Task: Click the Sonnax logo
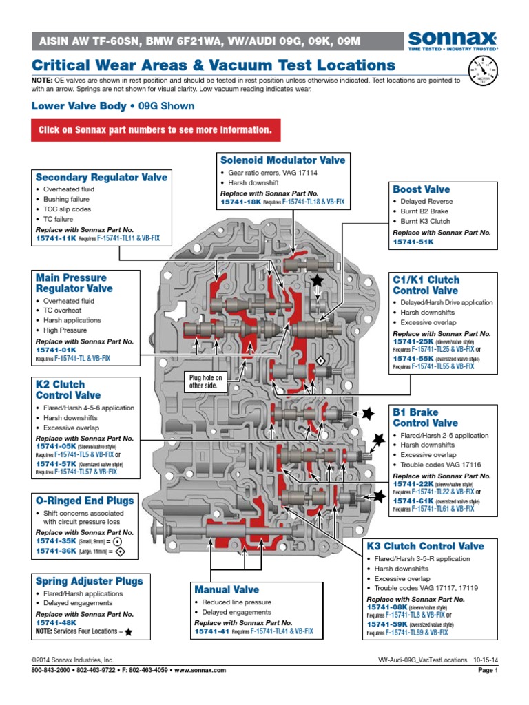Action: click(453, 41)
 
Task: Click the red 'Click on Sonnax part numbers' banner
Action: click(154, 129)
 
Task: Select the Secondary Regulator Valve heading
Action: click(101, 177)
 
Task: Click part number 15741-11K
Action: click(56, 238)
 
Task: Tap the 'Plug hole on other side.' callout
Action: click(206, 381)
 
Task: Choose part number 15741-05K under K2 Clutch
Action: click(56, 446)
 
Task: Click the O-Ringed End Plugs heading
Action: click(85, 501)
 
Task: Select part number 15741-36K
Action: click(56, 551)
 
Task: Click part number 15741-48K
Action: click(56, 622)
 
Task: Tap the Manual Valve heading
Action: click(227, 589)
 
